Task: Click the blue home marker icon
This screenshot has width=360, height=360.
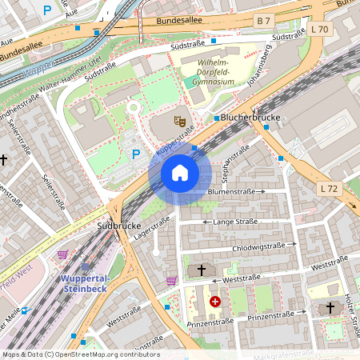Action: point(180,172)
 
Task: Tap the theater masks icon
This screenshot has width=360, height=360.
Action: point(181,122)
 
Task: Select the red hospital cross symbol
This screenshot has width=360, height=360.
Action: point(214,302)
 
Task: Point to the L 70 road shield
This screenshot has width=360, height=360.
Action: point(320,30)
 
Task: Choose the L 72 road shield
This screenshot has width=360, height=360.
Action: point(328,189)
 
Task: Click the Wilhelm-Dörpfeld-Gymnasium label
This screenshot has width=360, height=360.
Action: point(207,72)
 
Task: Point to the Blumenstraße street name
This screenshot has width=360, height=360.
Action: point(231,192)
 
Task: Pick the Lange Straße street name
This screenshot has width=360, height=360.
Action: point(235,222)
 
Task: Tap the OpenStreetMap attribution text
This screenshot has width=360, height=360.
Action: point(80,354)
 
